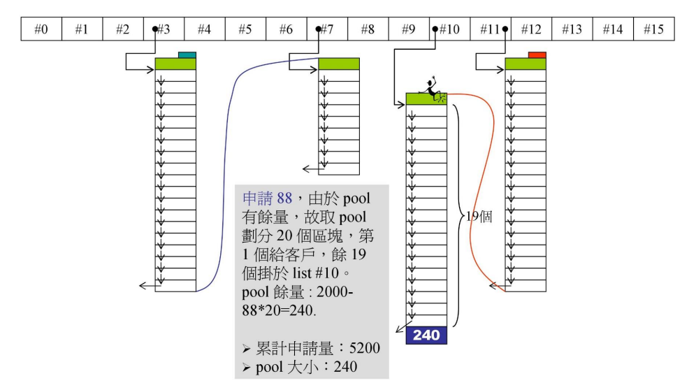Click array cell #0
(x=41, y=29)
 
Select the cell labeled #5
(x=245, y=29)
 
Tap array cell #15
(x=654, y=29)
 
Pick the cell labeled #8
(x=368, y=29)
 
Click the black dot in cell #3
(x=155, y=29)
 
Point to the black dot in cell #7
(x=319, y=29)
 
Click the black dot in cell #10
(x=435, y=29)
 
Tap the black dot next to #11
(x=505, y=29)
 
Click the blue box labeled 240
(x=426, y=335)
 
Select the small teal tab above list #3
(x=187, y=55)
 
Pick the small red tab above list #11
(x=537, y=55)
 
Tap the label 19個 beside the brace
(x=479, y=217)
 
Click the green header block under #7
(x=339, y=64)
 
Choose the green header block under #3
(x=175, y=64)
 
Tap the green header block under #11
(x=525, y=64)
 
